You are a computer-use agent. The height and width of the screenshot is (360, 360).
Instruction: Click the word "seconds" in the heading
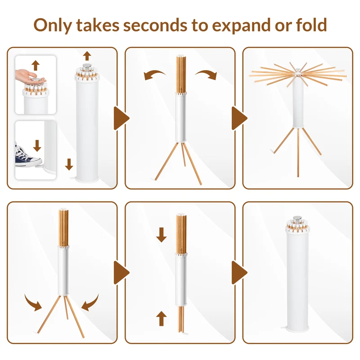click(x=155, y=25)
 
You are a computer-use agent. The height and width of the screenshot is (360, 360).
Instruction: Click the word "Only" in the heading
click(x=53, y=26)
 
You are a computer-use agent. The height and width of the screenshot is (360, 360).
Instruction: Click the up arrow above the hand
click(x=36, y=65)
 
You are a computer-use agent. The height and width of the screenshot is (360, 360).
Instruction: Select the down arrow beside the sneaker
click(x=37, y=146)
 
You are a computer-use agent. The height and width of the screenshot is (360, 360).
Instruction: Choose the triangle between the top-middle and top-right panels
click(x=239, y=118)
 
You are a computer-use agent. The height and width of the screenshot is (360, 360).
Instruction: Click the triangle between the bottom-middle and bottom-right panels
click(x=239, y=273)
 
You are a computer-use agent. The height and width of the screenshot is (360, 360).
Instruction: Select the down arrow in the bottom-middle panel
click(x=162, y=235)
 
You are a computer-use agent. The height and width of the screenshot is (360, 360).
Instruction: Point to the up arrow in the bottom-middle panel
click(x=162, y=319)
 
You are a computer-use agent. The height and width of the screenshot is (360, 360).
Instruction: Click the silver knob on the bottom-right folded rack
click(x=297, y=219)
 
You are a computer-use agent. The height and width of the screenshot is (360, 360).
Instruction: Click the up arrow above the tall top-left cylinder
click(x=87, y=56)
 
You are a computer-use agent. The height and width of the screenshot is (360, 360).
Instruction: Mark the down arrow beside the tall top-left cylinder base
click(x=69, y=164)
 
